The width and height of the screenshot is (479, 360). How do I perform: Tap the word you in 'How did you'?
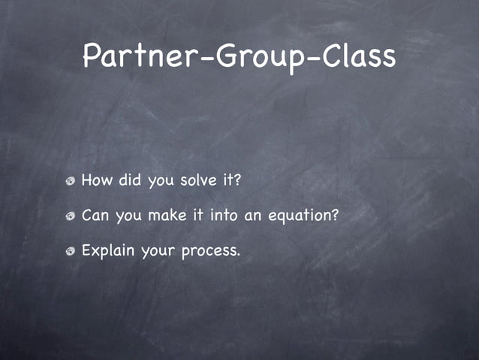(x=161, y=182)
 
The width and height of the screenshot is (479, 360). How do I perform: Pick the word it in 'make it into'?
(x=198, y=216)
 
